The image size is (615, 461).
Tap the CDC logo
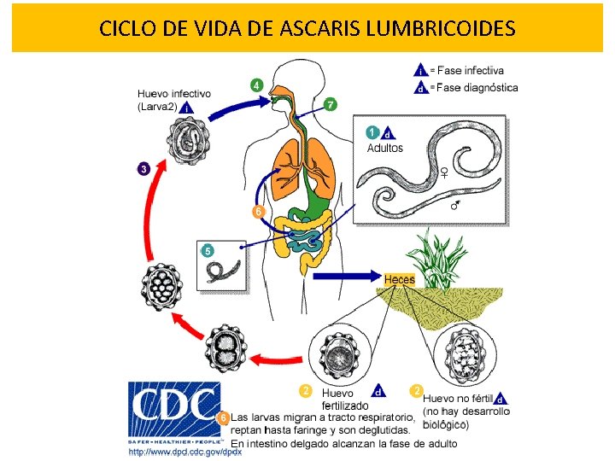(174, 413)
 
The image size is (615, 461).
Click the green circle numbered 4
(257, 85)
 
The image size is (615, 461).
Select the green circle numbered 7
(330, 104)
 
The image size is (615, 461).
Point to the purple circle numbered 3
(144, 169)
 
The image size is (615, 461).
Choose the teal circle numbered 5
(207, 250)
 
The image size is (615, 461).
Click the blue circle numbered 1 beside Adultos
(372, 131)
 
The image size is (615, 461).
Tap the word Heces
(399, 279)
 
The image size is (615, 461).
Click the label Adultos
(384, 148)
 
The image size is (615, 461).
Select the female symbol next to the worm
(444, 172)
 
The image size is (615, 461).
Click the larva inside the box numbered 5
(224, 271)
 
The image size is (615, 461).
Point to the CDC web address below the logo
(185, 452)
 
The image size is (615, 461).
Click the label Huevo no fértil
(460, 398)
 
